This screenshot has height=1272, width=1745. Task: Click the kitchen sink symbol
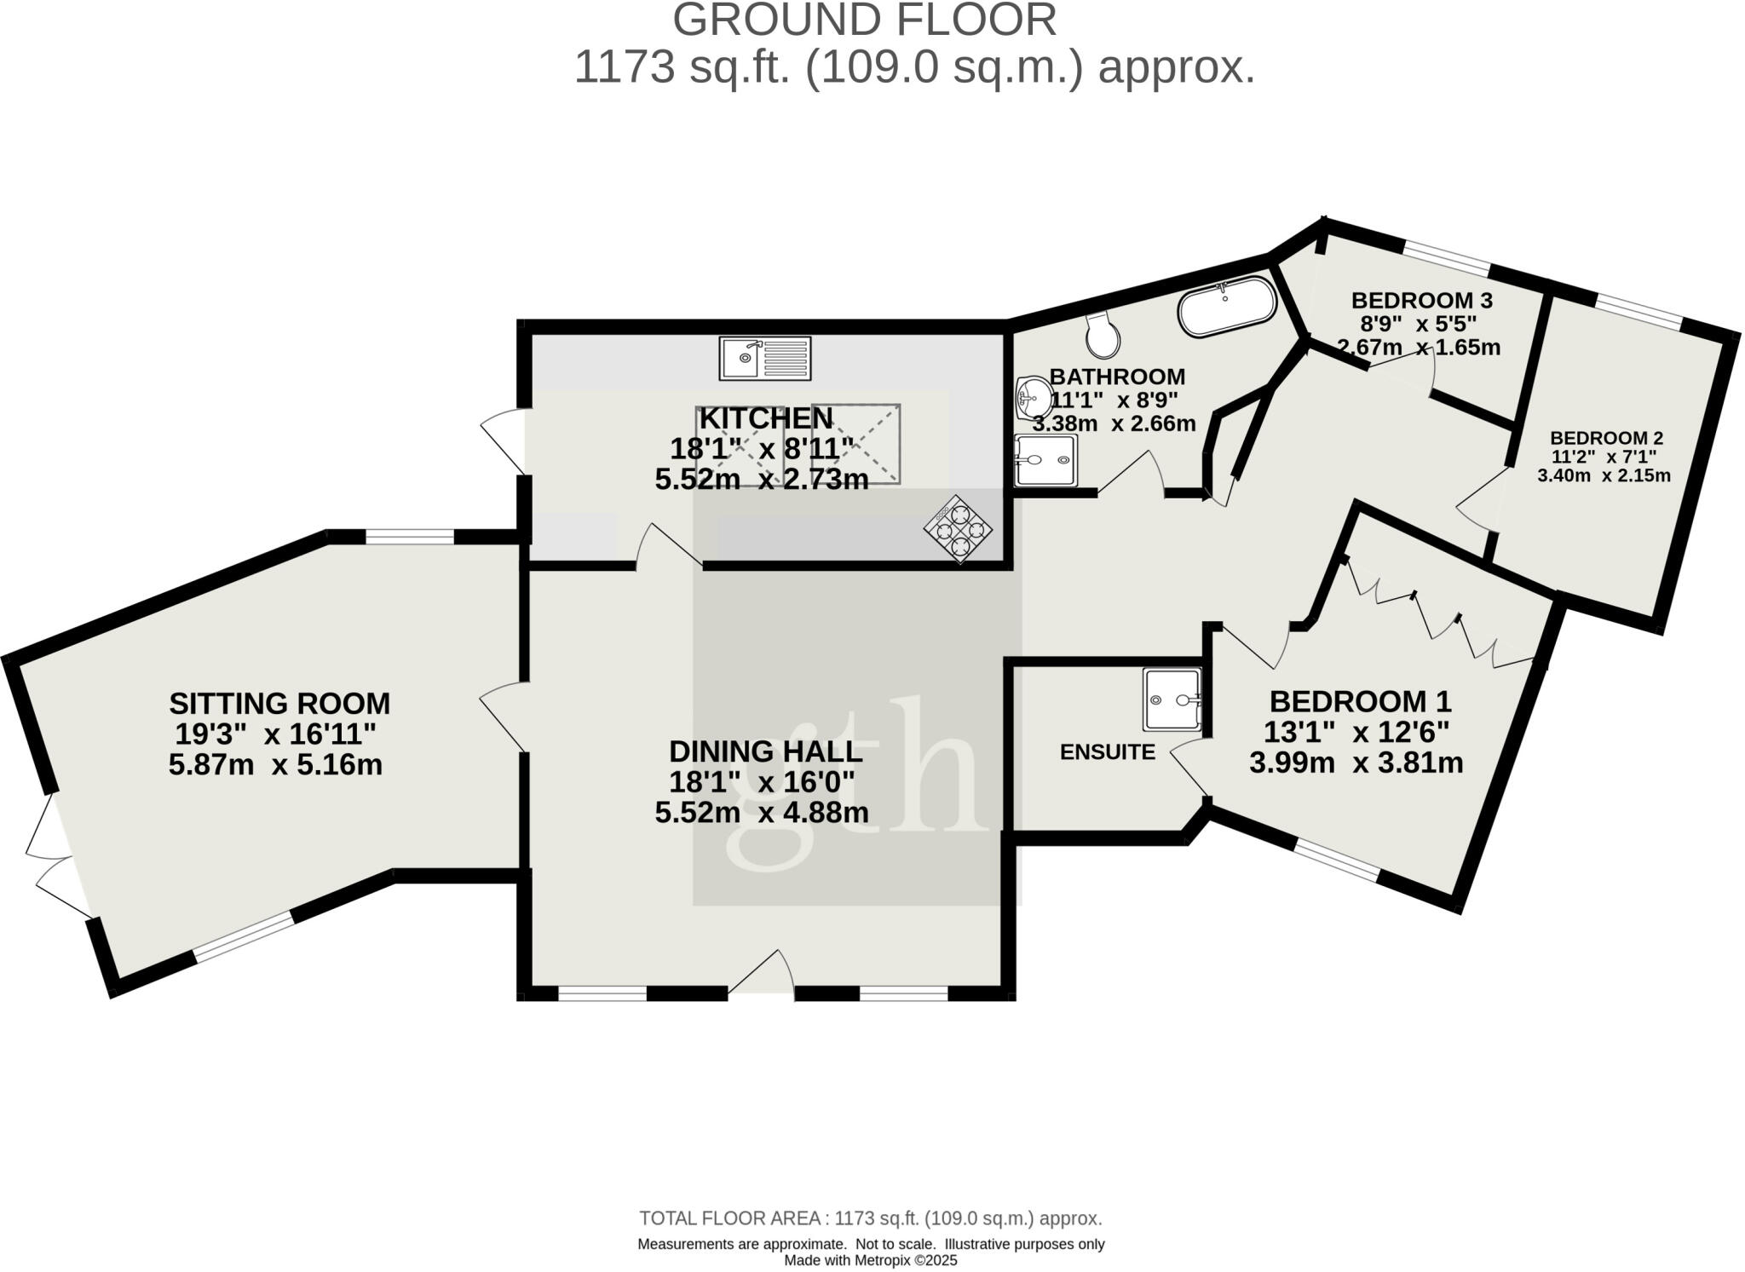click(765, 358)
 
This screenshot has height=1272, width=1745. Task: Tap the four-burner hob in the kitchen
click(958, 529)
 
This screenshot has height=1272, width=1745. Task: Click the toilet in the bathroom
click(1104, 336)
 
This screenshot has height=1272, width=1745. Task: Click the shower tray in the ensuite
click(1172, 699)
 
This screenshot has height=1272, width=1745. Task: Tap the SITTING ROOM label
click(279, 704)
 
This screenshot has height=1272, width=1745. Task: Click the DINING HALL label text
click(765, 751)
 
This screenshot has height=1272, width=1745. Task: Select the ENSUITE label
click(1107, 751)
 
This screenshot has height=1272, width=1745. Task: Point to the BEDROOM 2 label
click(1606, 438)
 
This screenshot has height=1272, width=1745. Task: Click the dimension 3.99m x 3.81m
click(1356, 763)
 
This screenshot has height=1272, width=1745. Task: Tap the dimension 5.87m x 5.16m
click(275, 765)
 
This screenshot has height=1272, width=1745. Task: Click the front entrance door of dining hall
click(761, 974)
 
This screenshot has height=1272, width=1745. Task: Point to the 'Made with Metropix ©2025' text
click(870, 1260)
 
